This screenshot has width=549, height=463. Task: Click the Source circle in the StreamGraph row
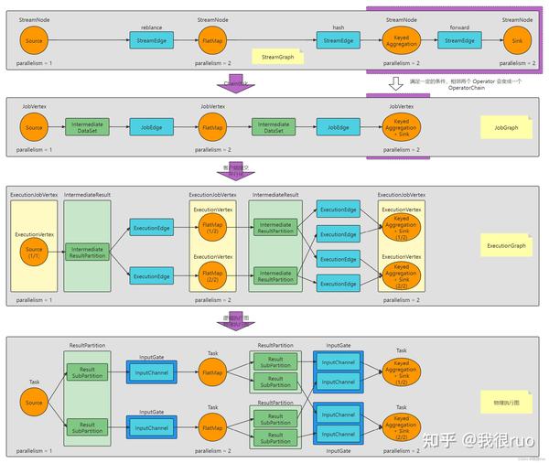pos(34,40)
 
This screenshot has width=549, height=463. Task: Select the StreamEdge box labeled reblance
pos(151,40)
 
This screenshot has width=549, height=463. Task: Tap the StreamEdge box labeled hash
pos(338,40)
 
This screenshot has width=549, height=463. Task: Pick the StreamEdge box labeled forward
pos(459,40)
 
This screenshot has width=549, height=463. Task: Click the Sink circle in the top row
pos(518,40)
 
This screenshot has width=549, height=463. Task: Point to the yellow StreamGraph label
pos(277,57)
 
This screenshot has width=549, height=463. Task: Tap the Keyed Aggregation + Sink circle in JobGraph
pos(401,127)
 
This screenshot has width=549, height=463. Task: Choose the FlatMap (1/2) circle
pos(212,225)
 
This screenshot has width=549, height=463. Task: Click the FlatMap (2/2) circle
pos(212,274)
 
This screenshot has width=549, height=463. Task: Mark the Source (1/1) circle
pos(34,249)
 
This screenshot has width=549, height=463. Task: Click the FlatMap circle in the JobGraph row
pos(212,127)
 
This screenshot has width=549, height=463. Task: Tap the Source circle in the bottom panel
pos(34,402)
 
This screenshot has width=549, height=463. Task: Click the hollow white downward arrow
pos(394,83)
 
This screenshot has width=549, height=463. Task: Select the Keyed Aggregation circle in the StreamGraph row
pos(401,40)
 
